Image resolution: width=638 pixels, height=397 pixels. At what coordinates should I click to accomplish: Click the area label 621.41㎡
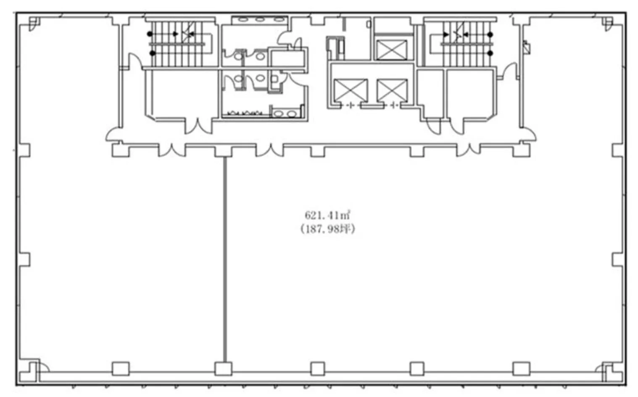click(327, 215)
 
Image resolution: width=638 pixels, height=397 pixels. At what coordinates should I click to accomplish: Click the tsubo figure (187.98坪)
click(327, 229)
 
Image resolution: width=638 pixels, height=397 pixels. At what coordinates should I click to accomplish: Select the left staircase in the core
click(179, 43)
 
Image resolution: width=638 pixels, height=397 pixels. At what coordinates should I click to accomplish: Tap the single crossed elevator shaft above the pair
click(392, 50)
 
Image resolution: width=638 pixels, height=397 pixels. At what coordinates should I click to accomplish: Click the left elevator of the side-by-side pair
click(351, 90)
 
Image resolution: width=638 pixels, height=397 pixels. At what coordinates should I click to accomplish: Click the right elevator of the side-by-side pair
click(392, 90)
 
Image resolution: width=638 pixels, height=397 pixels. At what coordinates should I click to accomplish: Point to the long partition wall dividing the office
click(225, 259)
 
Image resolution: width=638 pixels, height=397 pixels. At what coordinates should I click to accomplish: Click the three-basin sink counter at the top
click(260, 20)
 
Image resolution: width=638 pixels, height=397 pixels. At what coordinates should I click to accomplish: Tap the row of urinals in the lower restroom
click(245, 113)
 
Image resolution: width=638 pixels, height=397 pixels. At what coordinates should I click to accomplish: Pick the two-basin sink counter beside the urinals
click(285, 114)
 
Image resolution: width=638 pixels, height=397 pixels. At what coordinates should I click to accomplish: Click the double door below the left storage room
click(198, 127)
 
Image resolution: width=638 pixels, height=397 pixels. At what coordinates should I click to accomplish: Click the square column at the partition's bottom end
click(223, 369)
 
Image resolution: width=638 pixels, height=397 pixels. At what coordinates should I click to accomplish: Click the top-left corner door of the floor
click(34, 23)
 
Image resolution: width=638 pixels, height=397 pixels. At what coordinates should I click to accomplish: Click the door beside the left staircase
click(135, 61)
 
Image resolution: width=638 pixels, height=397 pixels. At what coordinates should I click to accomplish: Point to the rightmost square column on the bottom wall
click(522, 369)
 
